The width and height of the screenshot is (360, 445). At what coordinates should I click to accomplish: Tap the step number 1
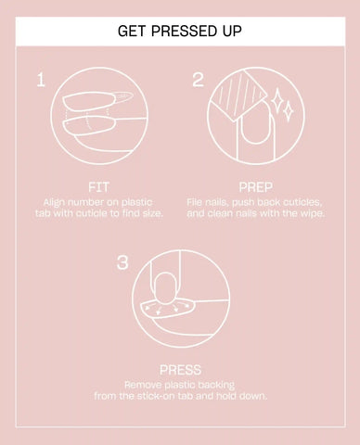click(41, 80)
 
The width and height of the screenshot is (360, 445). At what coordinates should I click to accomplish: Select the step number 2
click(198, 80)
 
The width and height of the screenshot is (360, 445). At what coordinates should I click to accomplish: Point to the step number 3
click(122, 262)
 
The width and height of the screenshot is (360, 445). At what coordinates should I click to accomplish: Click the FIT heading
click(98, 187)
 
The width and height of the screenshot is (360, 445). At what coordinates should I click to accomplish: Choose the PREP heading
click(256, 187)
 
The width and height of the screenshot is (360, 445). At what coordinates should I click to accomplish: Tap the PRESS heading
click(180, 370)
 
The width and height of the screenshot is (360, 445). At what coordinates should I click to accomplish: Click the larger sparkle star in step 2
click(277, 100)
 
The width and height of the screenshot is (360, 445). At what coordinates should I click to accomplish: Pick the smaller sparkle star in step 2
click(289, 110)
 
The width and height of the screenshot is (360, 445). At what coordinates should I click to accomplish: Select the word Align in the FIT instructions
click(54, 203)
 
